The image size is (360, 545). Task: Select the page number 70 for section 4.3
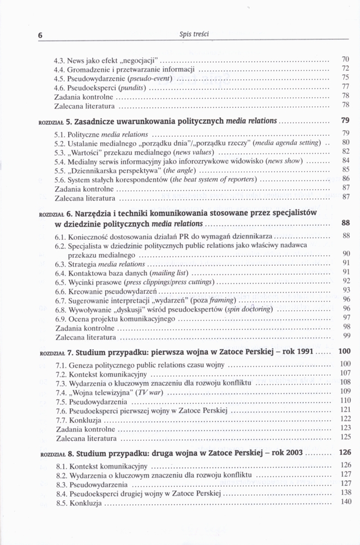tap(345, 59)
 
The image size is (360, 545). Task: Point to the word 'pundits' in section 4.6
tap(133, 88)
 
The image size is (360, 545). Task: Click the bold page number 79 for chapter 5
tap(344, 120)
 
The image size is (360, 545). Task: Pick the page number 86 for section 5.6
tap(345, 178)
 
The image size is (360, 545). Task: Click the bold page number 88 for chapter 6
tap(345, 223)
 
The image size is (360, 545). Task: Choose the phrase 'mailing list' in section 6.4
tap(170, 272)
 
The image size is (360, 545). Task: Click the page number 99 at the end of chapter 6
tap(345, 336)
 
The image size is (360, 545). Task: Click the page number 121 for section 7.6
tap(344, 409)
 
